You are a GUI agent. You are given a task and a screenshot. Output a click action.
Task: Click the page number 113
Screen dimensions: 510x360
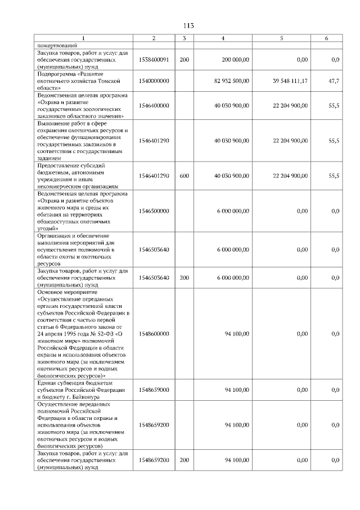(188, 25)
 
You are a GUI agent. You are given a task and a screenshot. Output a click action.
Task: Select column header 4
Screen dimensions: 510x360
(223, 38)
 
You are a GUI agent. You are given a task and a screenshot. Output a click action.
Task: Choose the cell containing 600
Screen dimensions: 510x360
(184, 176)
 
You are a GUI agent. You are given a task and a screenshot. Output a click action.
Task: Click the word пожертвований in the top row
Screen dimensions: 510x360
(58, 45)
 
